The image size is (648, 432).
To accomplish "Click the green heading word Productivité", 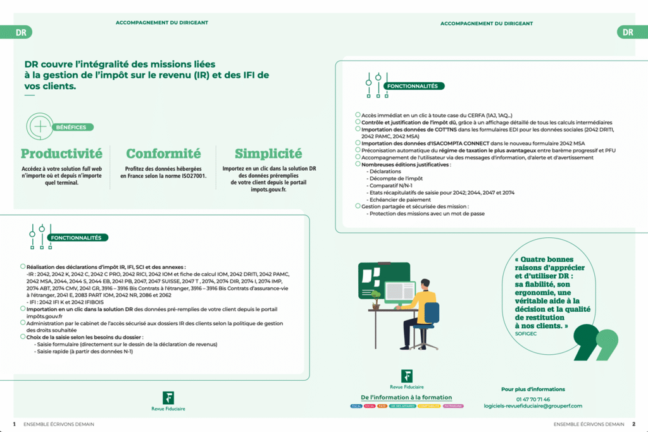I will point(61,154).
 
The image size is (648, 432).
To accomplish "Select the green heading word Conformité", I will point(163,154).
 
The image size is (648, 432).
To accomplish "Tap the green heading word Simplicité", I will point(268,154).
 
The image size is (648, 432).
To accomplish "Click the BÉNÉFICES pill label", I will point(71,127).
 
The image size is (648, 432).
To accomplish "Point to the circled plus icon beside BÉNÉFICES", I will point(40,126).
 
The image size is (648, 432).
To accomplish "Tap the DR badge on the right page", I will point(627,32).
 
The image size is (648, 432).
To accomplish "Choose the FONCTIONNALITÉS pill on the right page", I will point(416,86).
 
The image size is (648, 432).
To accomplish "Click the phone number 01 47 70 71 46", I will point(533,399).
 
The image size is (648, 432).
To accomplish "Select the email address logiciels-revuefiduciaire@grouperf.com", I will point(533,406).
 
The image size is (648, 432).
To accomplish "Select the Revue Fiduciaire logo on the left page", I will point(168,401).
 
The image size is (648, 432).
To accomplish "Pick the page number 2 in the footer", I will point(633,424).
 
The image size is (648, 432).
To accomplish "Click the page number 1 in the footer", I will point(14,424).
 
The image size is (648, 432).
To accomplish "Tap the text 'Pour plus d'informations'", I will point(533,389).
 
